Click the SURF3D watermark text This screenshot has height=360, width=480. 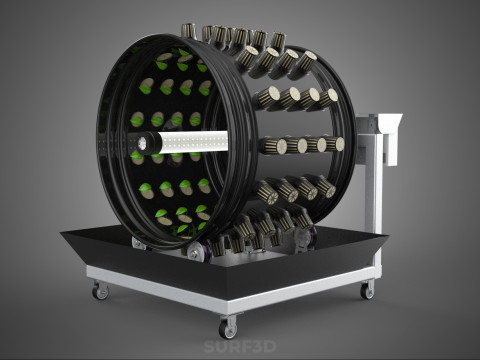point(240,346)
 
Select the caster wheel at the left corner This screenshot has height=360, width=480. point(101,292)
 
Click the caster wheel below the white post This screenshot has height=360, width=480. point(367,291)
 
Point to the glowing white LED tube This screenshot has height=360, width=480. point(193,142)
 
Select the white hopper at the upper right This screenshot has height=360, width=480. point(390,137)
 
